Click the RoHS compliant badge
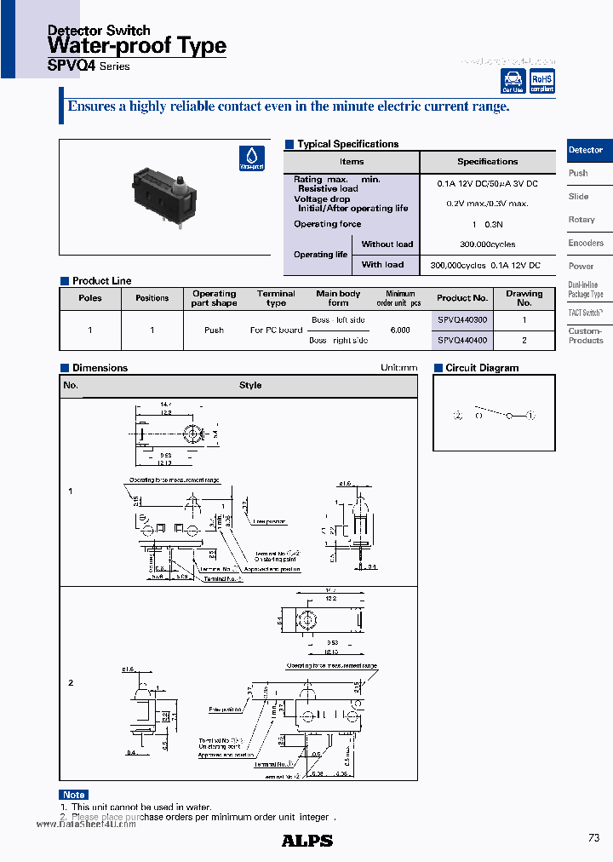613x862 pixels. pos(541,81)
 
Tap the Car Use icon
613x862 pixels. pos(513,81)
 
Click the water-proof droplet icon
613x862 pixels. pos(252,158)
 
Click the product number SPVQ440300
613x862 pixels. pos(462,320)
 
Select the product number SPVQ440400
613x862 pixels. pos(462,340)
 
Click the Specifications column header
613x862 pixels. pos(487,161)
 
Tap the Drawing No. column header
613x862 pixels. pos(524,298)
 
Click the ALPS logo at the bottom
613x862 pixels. pos(306,840)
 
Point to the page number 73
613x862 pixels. pos(593,838)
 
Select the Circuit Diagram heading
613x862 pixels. pos(482,368)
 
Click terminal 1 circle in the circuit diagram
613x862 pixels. pos(530,416)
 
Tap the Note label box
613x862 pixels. pos(74,795)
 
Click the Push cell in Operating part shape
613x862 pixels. pos(215,330)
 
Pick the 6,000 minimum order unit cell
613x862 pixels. pos(399,330)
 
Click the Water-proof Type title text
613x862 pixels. pos(136,46)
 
